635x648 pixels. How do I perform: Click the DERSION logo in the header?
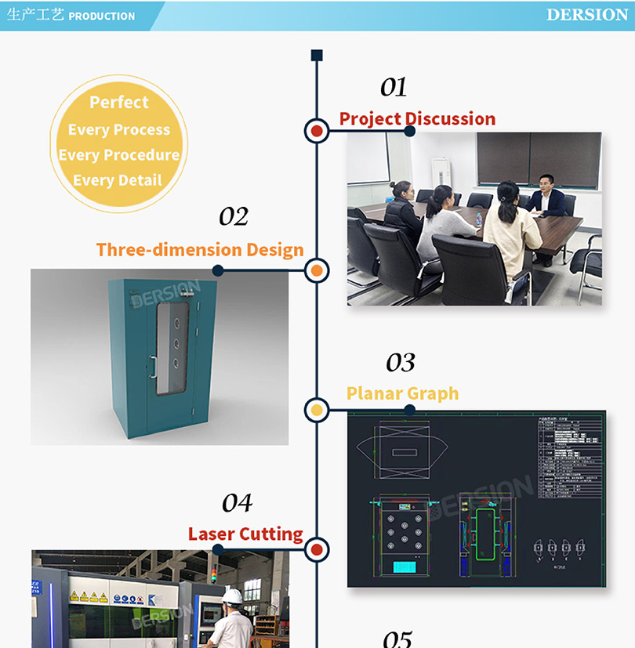(x=587, y=15)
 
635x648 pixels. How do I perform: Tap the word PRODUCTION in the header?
(x=102, y=16)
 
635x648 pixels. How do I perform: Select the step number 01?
(x=394, y=87)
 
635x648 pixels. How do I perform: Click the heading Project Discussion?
(x=417, y=119)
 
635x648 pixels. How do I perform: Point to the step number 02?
(x=233, y=216)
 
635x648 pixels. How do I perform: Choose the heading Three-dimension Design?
(x=200, y=250)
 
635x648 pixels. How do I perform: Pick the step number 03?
(x=400, y=363)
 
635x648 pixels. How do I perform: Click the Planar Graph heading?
(x=402, y=393)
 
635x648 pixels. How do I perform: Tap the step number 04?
(x=237, y=502)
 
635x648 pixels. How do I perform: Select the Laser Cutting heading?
(x=245, y=534)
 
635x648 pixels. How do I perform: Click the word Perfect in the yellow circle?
(x=118, y=103)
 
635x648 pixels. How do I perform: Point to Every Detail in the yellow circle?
(x=118, y=180)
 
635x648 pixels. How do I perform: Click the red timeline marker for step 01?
(x=317, y=131)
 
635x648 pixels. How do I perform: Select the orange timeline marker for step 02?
(x=317, y=271)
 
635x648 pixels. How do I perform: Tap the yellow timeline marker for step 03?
(x=317, y=409)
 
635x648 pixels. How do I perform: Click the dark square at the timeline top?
(x=317, y=55)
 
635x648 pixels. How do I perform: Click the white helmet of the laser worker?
(x=232, y=596)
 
